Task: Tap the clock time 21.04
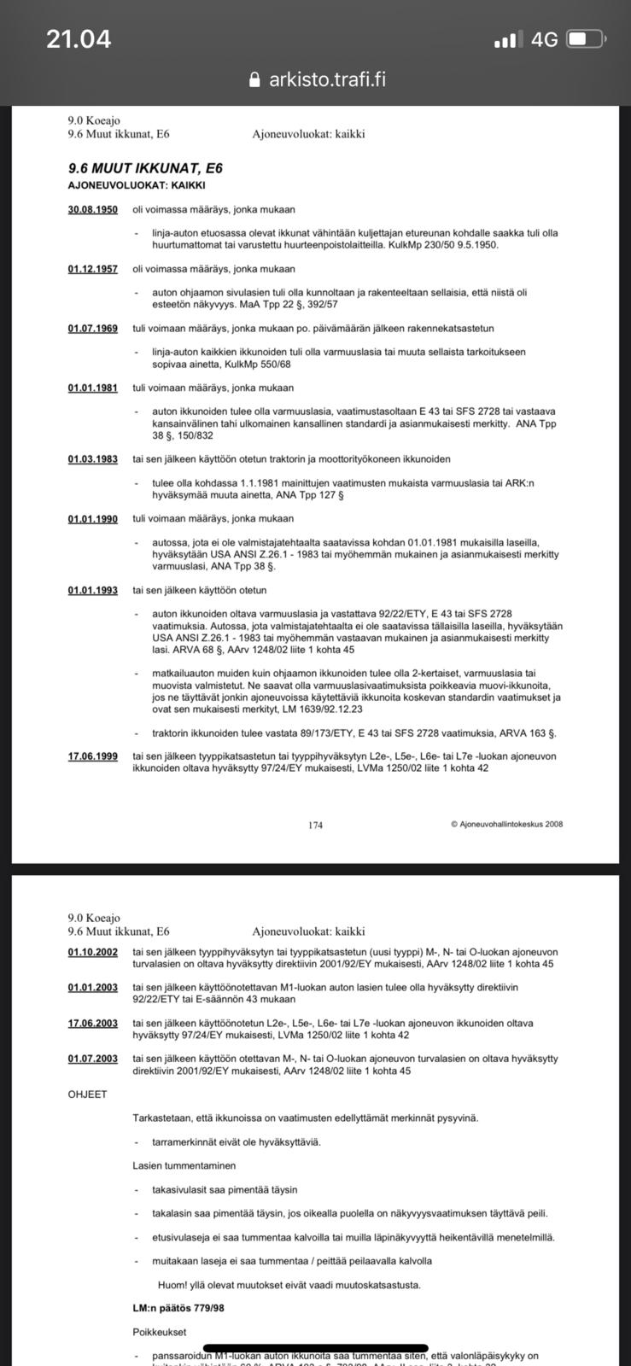pyautogui.click(x=79, y=39)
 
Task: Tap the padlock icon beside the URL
pyautogui.click(x=254, y=79)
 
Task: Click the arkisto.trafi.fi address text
pyautogui.click(x=327, y=79)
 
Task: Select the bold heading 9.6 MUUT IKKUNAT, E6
pyautogui.click(x=145, y=168)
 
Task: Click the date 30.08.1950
pyautogui.click(x=93, y=209)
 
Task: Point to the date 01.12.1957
pyautogui.click(x=93, y=269)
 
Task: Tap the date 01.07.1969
pyautogui.click(x=93, y=329)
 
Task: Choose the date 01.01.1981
pyautogui.click(x=93, y=388)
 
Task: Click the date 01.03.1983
pyautogui.click(x=93, y=459)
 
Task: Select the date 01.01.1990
pyautogui.click(x=93, y=519)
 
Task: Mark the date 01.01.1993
pyautogui.click(x=93, y=590)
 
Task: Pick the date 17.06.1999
pyautogui.click(x=93, y=756)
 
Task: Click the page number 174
pyautogui.click(x=315, y=825)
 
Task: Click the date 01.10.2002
pyautogui.click(x=93, y=952)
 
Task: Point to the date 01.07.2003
pyautogui.click(x=93, y=1059)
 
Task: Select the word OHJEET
pyautogui.click(x=87, y=1095)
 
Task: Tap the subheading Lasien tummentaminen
pyautogui.click(x=184, y=1165)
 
